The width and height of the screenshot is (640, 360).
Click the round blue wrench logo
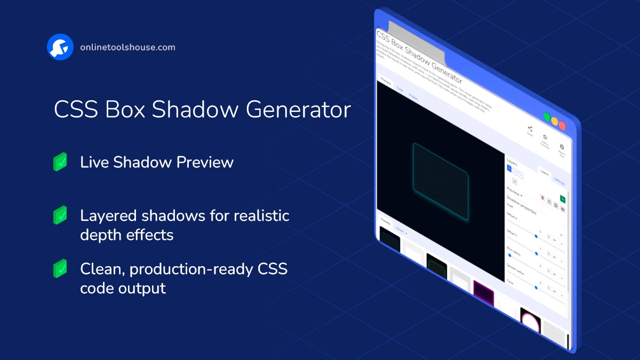point(60,47)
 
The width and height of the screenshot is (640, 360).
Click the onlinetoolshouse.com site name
point(127,47)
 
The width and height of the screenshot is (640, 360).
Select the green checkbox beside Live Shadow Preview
point(60,162)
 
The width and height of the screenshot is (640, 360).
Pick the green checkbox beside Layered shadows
point(60,215)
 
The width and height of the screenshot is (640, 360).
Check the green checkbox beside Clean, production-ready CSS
point(60,268)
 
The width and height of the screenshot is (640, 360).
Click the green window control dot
point(547,117)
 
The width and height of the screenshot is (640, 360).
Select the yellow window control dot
point(555,122)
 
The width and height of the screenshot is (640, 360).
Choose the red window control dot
point(562,126)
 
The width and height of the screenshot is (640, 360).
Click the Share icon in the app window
point(530,129)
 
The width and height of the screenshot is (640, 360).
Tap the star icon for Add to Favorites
point(545,138)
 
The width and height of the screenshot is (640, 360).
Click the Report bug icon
point(562,147)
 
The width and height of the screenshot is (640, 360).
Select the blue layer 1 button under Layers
point(509,169)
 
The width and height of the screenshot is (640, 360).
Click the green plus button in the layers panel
point(562,199)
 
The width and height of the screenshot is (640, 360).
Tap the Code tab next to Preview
point(400,90)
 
